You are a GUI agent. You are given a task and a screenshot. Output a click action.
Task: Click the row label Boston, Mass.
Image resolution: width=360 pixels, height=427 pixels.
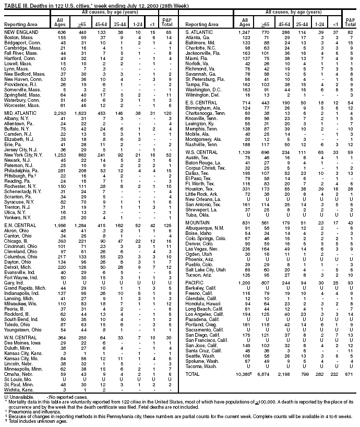[x=15, y=38]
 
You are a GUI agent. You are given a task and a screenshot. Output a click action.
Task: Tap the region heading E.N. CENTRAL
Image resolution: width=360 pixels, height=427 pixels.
[x=18, y=224]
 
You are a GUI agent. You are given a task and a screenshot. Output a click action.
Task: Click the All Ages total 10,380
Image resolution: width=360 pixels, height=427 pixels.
[x=244, y=374]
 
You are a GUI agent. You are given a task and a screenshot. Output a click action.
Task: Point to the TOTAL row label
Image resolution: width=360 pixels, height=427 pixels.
[x=193, y=374]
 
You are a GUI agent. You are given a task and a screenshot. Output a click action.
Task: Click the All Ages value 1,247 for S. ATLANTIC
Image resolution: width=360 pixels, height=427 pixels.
[x=243, y=32]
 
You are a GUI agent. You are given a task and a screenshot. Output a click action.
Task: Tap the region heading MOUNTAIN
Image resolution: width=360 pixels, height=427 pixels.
[x=198, y=208]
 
